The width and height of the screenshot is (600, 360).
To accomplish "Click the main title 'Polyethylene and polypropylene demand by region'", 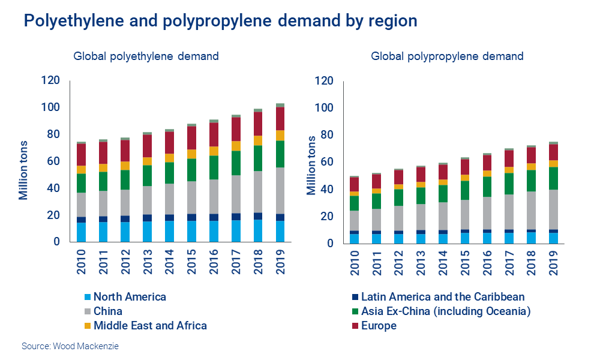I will click(220, 21).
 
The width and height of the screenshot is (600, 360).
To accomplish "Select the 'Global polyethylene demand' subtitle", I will click(146, 56).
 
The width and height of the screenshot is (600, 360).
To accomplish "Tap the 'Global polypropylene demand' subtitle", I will click(447, 56).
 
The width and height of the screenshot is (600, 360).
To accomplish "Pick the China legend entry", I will click(108, 311).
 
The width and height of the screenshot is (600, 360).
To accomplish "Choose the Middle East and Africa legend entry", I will click(150, 326).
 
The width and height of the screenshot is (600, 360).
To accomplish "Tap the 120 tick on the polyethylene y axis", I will click(50, 80).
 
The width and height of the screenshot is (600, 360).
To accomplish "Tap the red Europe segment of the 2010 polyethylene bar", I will click(81, 155).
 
